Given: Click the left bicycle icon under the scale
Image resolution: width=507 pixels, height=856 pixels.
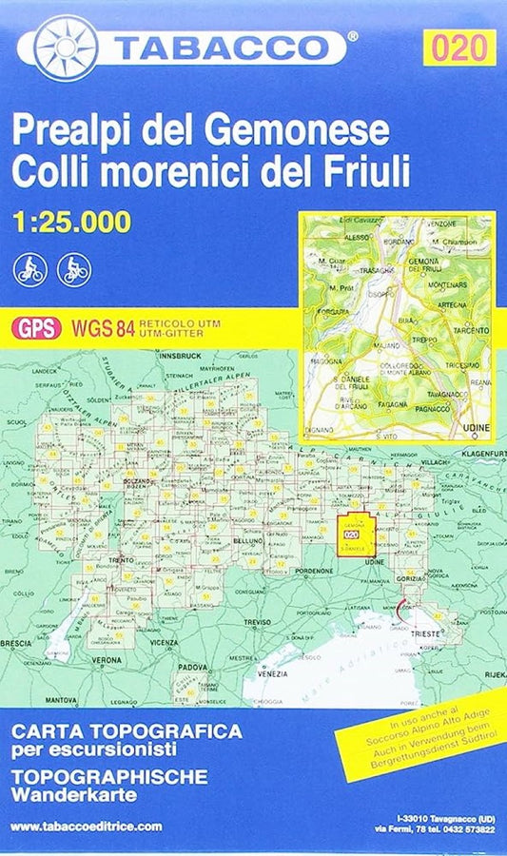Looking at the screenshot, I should [x=29, y=270].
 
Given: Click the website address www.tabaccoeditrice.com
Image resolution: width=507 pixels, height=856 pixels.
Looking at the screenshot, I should [x=88, y=827].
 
